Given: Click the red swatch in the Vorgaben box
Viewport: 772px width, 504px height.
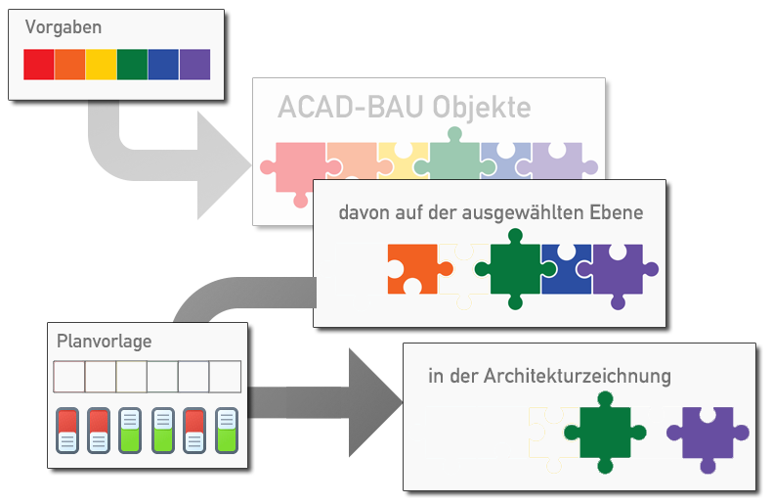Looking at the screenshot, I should tap(39, 65).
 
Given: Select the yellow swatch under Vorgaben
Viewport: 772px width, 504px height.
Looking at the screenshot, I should tap(101, 65).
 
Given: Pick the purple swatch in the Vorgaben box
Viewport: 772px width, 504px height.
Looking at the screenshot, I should tap(194, 65).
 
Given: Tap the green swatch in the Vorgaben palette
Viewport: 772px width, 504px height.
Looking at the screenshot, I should tap(132, 65).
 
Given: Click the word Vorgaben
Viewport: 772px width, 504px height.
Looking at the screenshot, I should tap(64, 28).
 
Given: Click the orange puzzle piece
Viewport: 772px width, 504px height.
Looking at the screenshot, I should tap(410, 267).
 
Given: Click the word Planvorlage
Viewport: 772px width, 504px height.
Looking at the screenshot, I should tap(105, 341).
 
